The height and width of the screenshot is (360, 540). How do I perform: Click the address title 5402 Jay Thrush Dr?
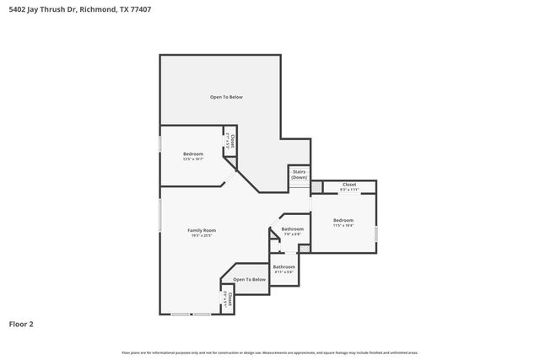pos(41,10)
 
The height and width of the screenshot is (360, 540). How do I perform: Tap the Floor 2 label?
pos(21,323)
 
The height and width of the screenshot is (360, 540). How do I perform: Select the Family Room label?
pos(202,230)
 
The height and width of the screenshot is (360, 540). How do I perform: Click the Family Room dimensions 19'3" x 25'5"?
pos(202,236)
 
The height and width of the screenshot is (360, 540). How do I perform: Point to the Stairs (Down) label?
pos(299,175)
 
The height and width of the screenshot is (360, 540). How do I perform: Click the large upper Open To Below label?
pos(226,97)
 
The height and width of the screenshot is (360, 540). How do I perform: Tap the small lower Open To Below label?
pos(249,279)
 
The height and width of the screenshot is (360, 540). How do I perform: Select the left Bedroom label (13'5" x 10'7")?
pos(193,153)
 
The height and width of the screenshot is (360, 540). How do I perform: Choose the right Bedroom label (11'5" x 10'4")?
pos(343,220)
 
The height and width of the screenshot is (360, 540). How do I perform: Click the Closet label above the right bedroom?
pos(348,184)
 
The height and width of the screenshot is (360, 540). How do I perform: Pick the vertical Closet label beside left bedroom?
pos(232,141)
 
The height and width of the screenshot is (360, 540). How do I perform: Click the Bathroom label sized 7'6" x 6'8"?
pos(292,229)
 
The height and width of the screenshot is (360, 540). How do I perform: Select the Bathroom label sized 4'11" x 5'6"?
pos(283,266)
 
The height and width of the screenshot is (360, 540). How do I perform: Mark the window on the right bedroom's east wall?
pos(376,234)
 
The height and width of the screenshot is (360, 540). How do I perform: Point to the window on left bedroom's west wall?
pos(160,144)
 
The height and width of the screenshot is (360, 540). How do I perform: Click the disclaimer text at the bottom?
pos(269,352)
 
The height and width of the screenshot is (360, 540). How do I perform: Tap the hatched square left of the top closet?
pos(316,186)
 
